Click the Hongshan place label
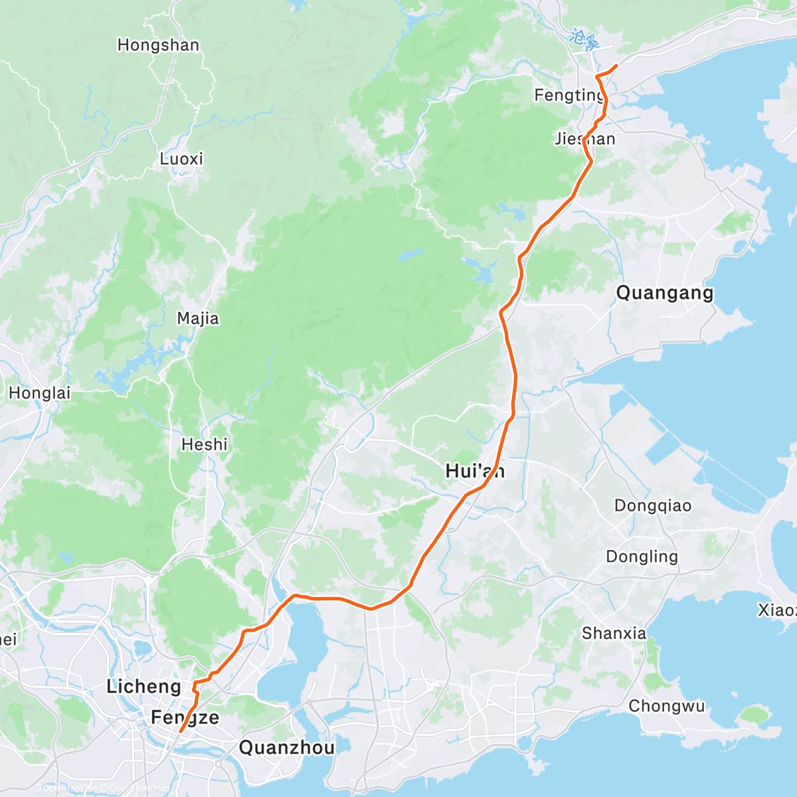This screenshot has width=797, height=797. tap(158, 45)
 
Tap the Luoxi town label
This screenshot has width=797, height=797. tap(181, 159)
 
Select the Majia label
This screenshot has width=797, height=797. tap(198, 319)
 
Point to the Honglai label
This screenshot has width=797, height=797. tap(40, 393)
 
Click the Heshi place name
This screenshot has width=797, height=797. tap(205, 444)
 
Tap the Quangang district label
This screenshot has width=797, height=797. tap(665, 293)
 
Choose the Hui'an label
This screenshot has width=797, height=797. tap(475, 472)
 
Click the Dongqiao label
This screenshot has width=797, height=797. tap(653, 506)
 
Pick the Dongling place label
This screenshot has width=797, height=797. tap(642, 557)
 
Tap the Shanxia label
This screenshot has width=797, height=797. tap(614, 634)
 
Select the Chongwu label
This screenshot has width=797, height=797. tap(667, 706)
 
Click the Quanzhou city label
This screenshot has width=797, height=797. tap(286, 748)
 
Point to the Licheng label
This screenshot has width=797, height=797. tap(143, 687)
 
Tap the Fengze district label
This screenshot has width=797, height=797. tap(185, 718)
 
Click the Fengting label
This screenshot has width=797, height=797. tap(569, 96)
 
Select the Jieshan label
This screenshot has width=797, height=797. tap(584, 139)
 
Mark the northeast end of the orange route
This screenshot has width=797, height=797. tap(617, 65)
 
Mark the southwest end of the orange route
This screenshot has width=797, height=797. tap(181, 731)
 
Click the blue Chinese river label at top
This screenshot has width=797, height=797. tap(584, 40)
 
